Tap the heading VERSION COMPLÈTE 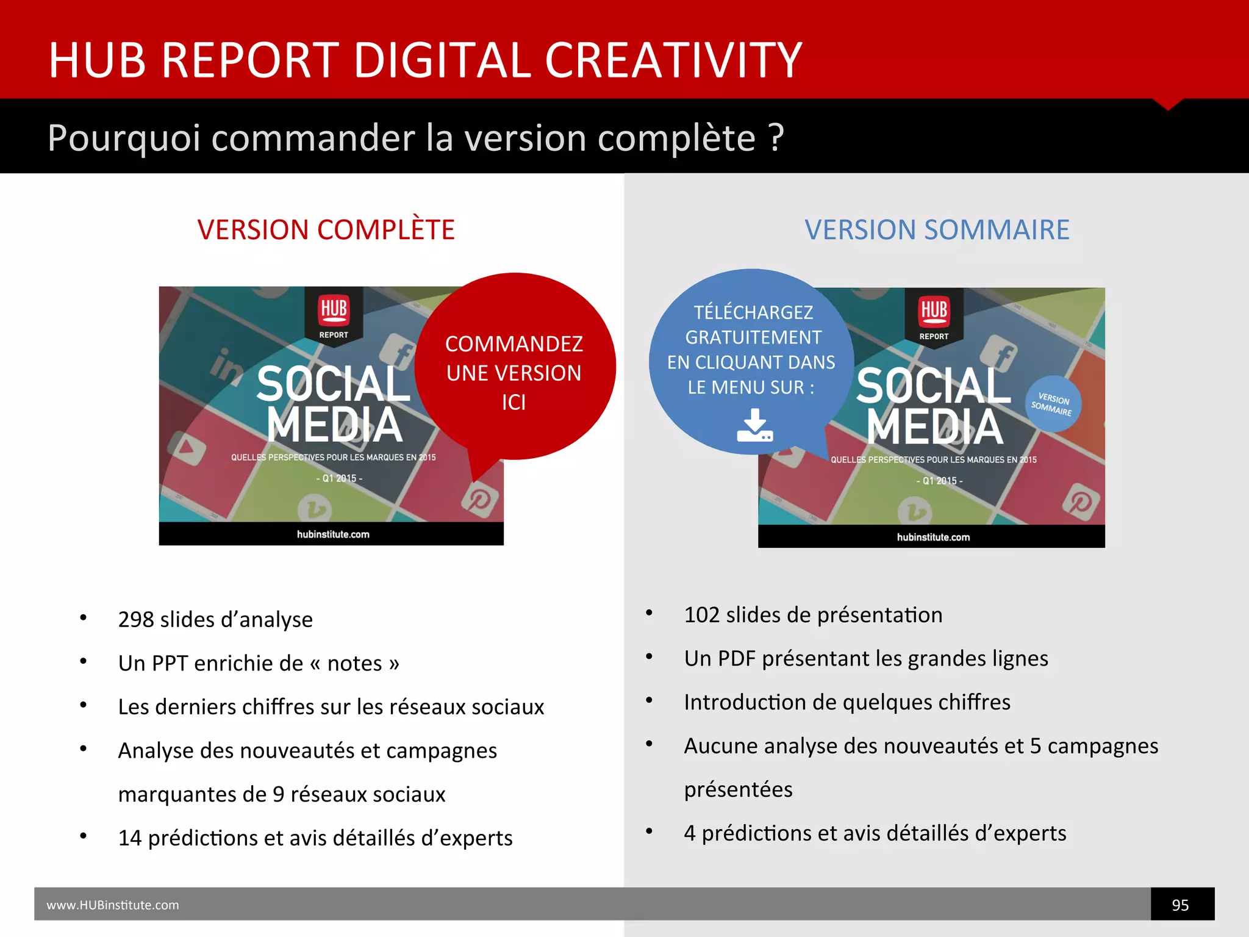[326, 230]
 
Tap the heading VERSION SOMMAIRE [937, 230]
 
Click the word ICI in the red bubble [514, 403]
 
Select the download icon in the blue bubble [754, 425]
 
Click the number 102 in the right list [701, 615]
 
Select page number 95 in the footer [1180, 905]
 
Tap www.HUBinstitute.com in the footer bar [113, 905]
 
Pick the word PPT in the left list [170, 664]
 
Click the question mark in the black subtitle [776, 138]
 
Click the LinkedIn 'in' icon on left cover [226, 367]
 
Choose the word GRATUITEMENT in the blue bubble [753, 337]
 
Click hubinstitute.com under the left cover [333, 534]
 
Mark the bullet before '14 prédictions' [84, 836]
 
